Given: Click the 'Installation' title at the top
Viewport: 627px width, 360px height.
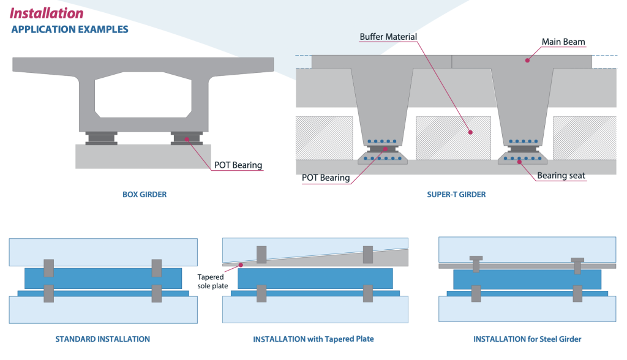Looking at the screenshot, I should (47, 13).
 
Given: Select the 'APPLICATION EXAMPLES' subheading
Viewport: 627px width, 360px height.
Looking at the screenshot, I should (70, 29).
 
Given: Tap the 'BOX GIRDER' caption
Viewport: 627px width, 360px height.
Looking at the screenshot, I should (145, 195).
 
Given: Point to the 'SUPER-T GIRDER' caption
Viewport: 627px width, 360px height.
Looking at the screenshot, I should (456, 195).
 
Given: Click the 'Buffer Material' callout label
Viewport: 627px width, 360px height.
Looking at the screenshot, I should (388, 37).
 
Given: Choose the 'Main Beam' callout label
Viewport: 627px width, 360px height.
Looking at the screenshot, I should (563, 42).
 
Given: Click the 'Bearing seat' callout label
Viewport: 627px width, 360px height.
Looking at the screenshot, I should (561, 176).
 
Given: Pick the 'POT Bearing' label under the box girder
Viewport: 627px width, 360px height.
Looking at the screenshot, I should (238, 165).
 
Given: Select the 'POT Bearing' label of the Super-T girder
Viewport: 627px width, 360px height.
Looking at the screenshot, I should (326, 178).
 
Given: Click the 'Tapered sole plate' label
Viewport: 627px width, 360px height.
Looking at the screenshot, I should (211, 281).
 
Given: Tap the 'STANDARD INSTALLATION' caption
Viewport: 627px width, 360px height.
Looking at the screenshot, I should (102, 339).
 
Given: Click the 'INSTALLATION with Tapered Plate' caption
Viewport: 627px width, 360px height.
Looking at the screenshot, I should (313, 339).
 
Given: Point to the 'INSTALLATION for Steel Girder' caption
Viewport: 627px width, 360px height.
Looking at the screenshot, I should (527, 339).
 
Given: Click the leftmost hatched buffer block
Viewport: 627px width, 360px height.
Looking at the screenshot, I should (324, 136).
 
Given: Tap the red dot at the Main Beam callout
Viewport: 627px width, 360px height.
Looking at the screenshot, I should (527, 61).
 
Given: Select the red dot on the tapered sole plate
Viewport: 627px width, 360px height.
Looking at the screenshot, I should (241, 265).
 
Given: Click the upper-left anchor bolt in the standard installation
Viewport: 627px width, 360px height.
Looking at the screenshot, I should (49, 268).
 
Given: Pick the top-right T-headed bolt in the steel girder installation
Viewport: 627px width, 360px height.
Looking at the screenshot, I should (577, 264).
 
